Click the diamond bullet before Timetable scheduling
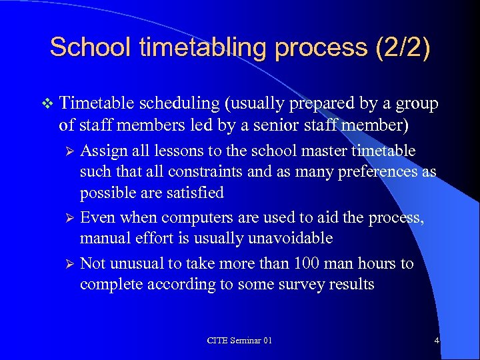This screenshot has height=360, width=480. (45, 104)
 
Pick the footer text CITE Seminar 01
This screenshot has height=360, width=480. (239, 341)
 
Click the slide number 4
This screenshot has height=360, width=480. (436, 341)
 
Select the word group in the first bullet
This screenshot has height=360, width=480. (417, 104)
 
